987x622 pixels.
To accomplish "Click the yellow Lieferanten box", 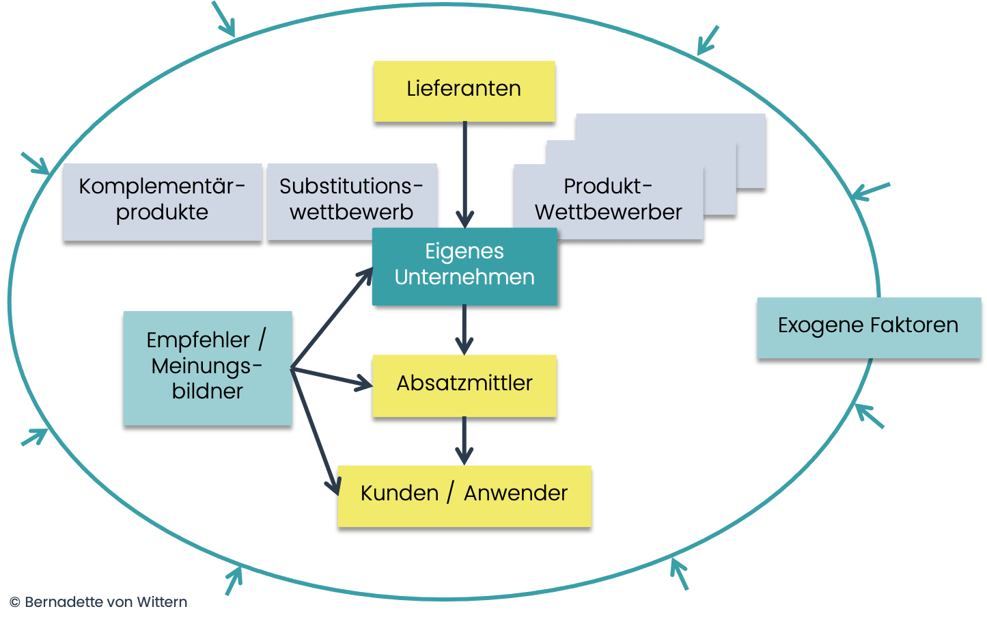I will coord(464,91).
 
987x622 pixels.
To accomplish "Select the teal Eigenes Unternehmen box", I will coord(464,266).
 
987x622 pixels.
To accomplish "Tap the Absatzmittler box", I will coord(464,386).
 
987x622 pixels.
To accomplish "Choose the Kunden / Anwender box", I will coord(464,496).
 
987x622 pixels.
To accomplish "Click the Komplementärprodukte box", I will coord(162,202).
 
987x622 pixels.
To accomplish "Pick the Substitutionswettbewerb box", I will coord(351,202).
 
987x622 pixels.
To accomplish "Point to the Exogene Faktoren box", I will coord(868,327).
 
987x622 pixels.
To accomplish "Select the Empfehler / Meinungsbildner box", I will coord(207,368).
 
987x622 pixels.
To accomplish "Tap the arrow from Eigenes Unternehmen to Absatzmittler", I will coord(464,329).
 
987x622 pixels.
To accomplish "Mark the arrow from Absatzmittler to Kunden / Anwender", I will coord(464,441).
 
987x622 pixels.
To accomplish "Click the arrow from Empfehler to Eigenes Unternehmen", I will coord(332,318).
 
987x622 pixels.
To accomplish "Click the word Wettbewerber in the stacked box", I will coord(608,213).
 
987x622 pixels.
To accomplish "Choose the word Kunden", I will coord(399,493).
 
